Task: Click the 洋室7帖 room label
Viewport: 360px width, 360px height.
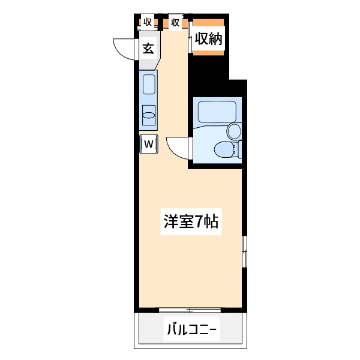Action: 191,222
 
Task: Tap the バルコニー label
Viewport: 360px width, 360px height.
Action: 191,329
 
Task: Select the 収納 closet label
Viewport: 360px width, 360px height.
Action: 208,40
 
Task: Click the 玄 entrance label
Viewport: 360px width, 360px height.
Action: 148,49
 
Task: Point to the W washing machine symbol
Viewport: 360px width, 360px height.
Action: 149,143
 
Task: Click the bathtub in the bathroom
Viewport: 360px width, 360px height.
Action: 216,112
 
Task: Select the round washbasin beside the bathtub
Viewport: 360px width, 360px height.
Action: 233,131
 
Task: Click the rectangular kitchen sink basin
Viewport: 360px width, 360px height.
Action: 149,85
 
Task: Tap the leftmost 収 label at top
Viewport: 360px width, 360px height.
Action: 148,23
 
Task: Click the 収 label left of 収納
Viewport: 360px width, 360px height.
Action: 175,23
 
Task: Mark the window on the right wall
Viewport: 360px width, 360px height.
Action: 244,251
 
